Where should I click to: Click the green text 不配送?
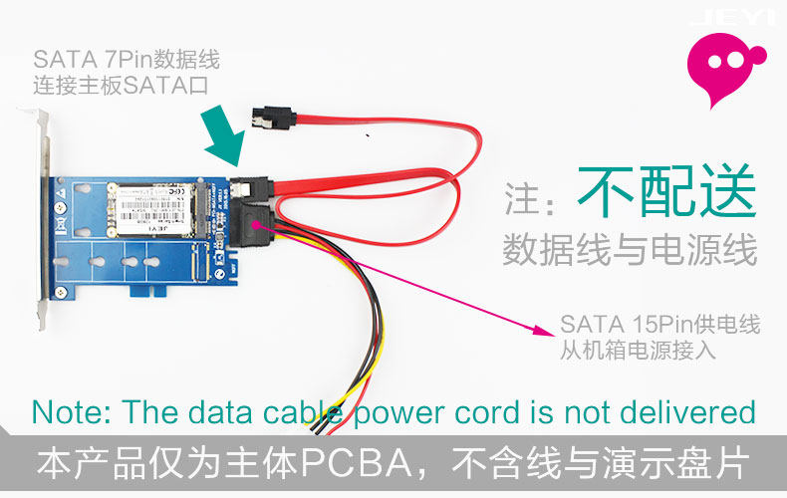[x=666, y=189]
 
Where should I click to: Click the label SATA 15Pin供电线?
[x=659, y=326]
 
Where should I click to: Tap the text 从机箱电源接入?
[x=638, y=351]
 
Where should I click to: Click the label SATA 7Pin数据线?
[x=127, y=60]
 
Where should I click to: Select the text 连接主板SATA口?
[x=120, y=86]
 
